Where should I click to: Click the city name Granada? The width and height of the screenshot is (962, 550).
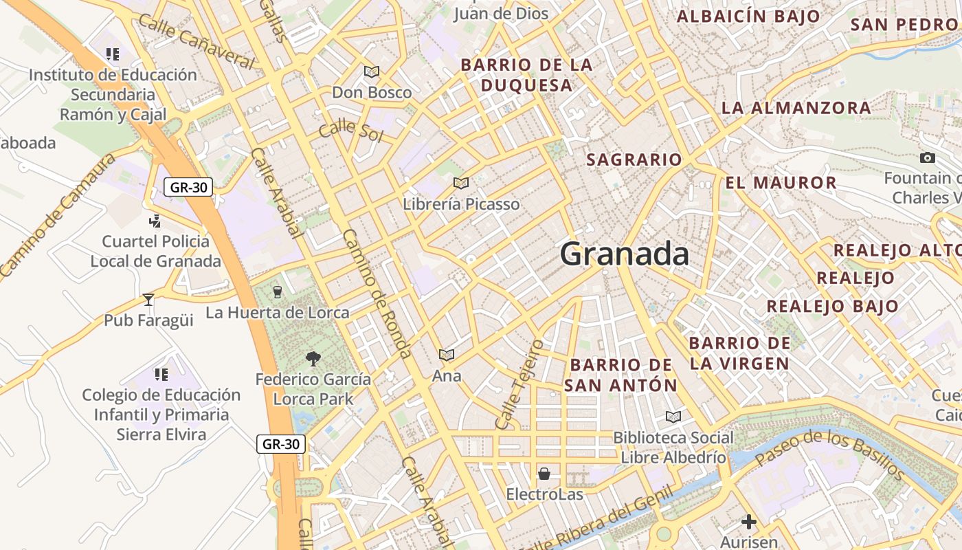pyautogui.click(x=625, y=254)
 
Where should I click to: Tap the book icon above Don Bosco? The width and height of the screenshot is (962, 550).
pyautogui.click(x=372, y=71)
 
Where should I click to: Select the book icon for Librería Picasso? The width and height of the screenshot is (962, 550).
pyautogui.click(x=461, y=183)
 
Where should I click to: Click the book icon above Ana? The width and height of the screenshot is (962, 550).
pyautogui.click(x=447, y=355)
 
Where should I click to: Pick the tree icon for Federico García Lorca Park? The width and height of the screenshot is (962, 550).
pyautogui.click(x=313, y=358)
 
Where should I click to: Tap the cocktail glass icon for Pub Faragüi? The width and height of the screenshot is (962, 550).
pyautogui.click(x=148, y=299)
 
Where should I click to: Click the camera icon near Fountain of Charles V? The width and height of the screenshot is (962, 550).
pyautogui.click(x=927, y=157)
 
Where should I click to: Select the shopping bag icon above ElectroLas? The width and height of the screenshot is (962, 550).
pyautogui.click(x=544, y=473)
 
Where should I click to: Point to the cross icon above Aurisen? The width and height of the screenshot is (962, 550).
pyautogui.click(x=749, y=522)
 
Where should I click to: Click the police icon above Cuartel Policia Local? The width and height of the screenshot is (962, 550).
pyautogui.click(x=155, y=221)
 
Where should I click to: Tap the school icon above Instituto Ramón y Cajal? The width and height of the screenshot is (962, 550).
pyautogui.click(x=113, y=54)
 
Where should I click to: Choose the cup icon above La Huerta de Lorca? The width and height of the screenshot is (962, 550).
pyautogui.click(x=277, y=291)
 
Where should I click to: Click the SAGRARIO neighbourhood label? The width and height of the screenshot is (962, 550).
pyautogui.click(x=634, y=160)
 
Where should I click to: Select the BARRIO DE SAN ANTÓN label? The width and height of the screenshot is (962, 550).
pyautogui.click(x=621, y=375)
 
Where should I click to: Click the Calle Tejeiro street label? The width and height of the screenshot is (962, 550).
pyautogui.click(x=519, y=384)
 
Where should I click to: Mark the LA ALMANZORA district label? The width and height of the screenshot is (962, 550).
pyautogui.click(x=796, y=108)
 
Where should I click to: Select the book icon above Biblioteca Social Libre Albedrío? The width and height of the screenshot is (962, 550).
pyautogui.click(x=673, y=417)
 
